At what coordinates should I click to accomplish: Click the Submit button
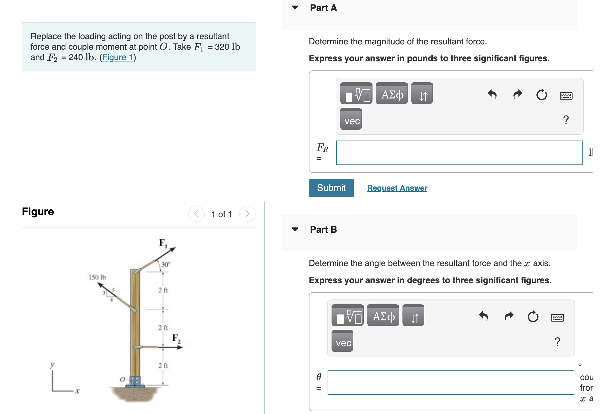(x=331, y=188)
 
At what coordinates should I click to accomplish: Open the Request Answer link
(x=397, y=188)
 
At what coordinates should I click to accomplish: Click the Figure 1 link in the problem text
(x=118, y=57)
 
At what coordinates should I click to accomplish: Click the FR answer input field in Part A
(x=459, y=153)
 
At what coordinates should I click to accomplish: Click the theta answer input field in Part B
(x=451, y=382)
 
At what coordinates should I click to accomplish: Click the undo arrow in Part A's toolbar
(x=492, y=94)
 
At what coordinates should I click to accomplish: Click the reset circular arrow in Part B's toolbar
(x=533, y=316)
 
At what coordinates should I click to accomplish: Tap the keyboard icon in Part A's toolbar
(x=566, y=95)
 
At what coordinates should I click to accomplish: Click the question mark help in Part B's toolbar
(x=557, y=342)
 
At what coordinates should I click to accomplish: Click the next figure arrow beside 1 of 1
(x=247, y=214)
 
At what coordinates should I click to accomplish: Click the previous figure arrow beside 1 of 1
(x=196, y=214)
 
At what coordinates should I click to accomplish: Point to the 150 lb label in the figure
(x=97, y=277)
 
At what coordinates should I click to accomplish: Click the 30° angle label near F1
(x=165, y=264)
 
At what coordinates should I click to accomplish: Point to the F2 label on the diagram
(x=176, y=338)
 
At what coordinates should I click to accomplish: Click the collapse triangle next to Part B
(x=295, y=229)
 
